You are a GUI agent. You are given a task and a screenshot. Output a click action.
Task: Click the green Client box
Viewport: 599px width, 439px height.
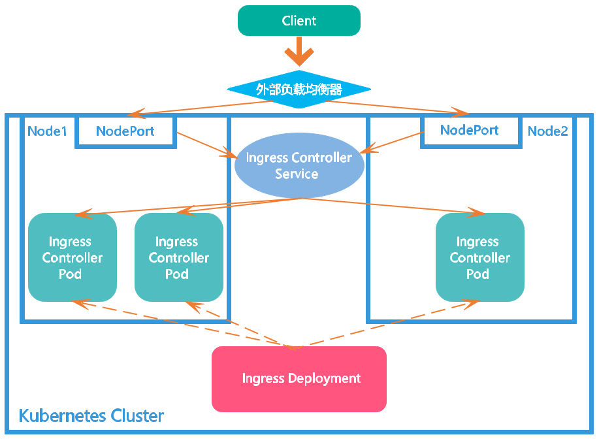pyautogui.click(x=299, y=20)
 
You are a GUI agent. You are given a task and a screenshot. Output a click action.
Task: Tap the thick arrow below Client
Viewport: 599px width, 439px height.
pyautogui.click(x=299, y=52)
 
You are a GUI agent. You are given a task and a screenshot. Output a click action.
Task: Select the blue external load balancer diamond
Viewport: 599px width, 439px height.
pyautogui.click(x=299, y=89)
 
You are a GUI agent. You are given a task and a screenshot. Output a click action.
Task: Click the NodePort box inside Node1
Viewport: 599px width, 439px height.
pyautogui.click(x=125, y=131)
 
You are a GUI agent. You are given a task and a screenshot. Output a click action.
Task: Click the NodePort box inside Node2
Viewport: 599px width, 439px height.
pyautogui.click(x=470, y=130)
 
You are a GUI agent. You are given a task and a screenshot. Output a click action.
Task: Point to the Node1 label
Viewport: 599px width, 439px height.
pyautogui.click(x=47, y=131)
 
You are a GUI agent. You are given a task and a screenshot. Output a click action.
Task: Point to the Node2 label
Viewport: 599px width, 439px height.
pyautogui.click(x=547, y=131)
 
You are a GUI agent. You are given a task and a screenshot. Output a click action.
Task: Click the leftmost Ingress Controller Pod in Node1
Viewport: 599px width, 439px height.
pyautogui.click(x=72, y=257)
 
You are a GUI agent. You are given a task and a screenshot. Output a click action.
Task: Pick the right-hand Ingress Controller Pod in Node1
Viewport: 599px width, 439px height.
pyautogui.click(x=178, y=257)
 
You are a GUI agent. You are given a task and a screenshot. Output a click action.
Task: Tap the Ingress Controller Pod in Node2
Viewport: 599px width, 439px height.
pyautogui.click(x=479, y=257)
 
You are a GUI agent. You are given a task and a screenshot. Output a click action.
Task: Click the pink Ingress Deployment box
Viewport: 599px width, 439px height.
pyautogui.click(x=299, y=378)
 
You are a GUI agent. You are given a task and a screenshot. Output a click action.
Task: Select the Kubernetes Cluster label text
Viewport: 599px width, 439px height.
pyautogui.click(x=91, y=416)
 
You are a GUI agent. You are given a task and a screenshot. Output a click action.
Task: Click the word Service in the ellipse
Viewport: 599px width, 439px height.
pyautogui.click(x=297, y=174)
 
